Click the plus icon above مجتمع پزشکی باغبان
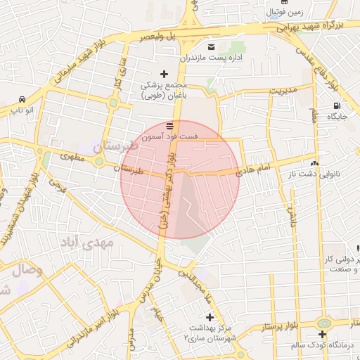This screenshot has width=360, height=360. [165, 74]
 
